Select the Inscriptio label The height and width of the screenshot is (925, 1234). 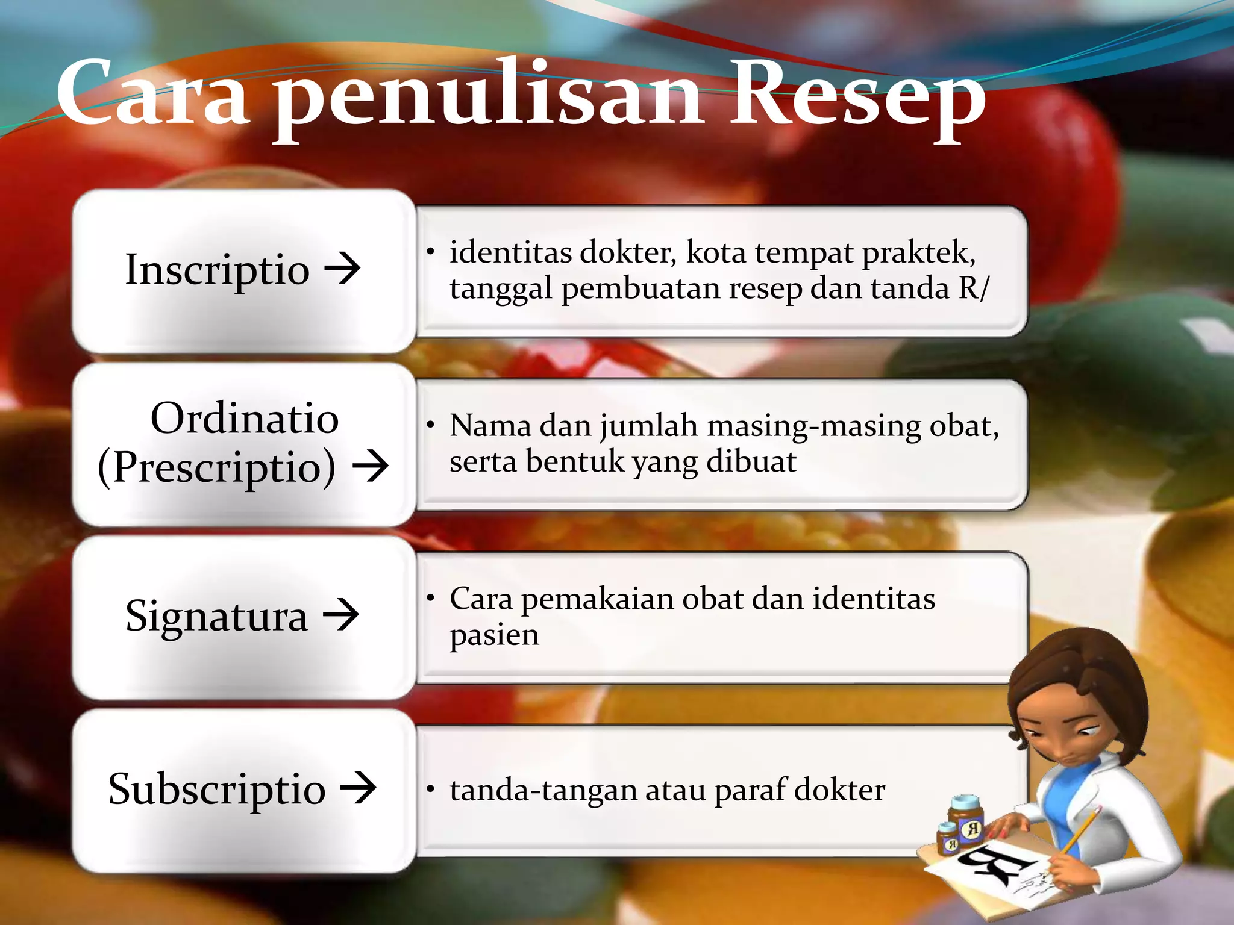(x=217, y=269)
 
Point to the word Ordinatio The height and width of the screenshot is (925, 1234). (x=244, y=418)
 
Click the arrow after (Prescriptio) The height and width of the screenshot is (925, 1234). (x=370, y=466)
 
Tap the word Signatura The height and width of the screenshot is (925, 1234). (x=216, y=616)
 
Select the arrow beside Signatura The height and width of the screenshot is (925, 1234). (x=341, y=615)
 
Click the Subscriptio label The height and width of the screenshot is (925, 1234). (x=217, y=789)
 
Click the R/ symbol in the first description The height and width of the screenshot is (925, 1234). (x=974, y=288)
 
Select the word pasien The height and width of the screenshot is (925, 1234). (x=494, y=635)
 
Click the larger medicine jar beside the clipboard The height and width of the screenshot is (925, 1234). (x=966, y=821)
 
